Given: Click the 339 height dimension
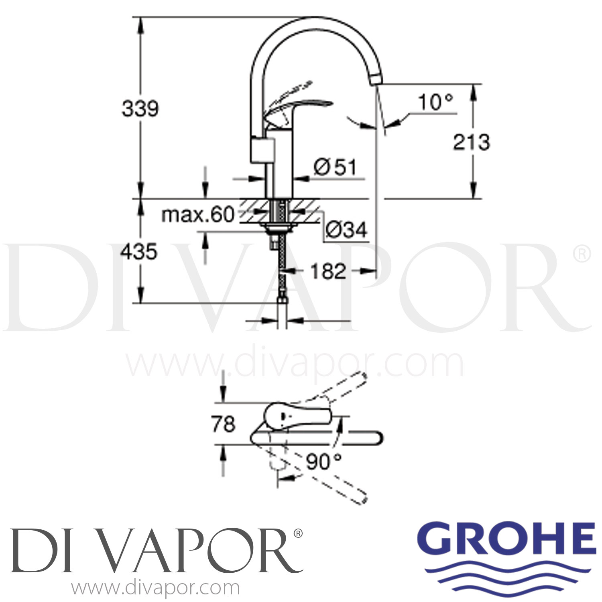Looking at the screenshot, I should coord(140,109).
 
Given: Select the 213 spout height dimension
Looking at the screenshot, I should coord(471,142).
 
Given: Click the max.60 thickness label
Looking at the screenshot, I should coord(197,215).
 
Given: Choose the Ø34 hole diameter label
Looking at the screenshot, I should coord(346,230).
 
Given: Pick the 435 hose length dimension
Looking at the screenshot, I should coord(139,252).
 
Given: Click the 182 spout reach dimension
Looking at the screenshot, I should coord(328,271).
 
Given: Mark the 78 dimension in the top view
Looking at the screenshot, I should coord(223,424).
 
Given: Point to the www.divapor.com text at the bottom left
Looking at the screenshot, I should coord(156,588).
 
